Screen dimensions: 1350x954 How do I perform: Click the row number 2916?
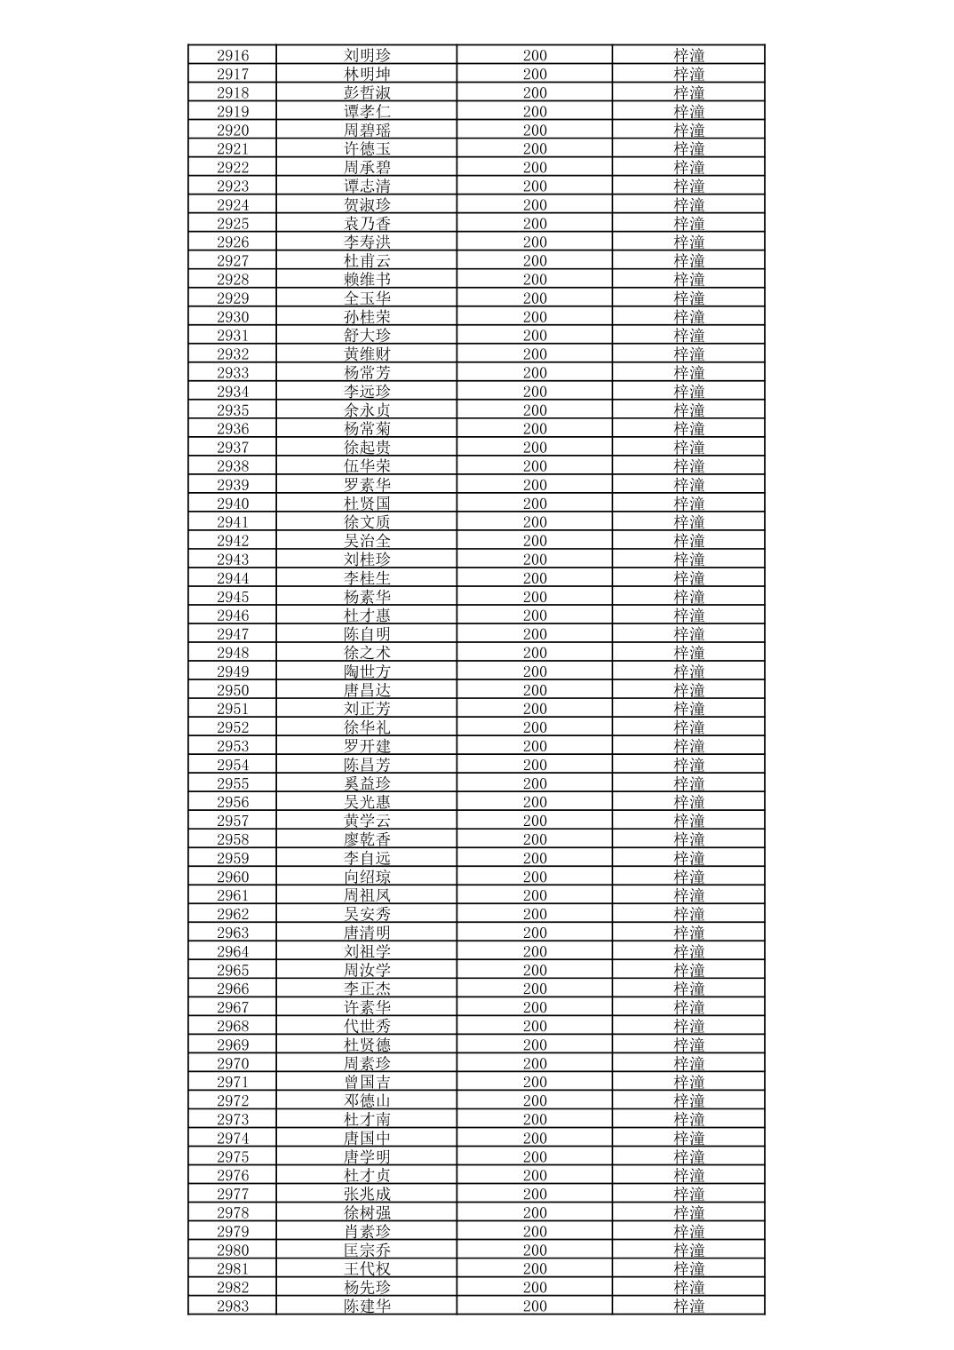click(233, 55)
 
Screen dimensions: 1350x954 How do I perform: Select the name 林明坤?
click(367, 74)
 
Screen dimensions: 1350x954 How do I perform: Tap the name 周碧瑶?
click(367, 130)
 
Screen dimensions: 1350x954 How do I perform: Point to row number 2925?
click(233, 224)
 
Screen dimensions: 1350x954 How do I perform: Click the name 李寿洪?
click(367, 242)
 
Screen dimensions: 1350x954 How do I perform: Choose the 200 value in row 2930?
click(535, 317)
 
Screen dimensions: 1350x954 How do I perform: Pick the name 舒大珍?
click(367, 336)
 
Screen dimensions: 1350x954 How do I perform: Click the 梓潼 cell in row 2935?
click(688, 410)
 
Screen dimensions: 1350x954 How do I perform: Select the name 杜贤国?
click(367, 504)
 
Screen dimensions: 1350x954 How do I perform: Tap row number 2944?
click(233, 578)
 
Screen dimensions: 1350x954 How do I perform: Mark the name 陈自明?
click(367, 634)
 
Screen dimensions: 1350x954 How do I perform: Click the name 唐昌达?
click(367, 690)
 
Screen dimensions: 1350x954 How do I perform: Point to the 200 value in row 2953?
click(535, 746)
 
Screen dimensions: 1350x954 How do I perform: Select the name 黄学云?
click(367, 821)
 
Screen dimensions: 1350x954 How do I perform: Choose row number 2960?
click(233, 877)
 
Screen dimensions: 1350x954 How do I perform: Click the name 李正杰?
click(367, 989)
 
